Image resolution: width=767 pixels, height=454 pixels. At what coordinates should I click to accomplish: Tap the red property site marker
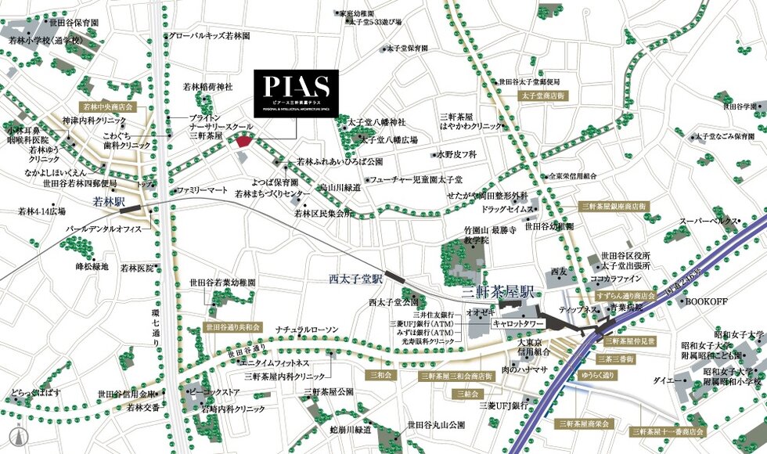click(x=245, y=141)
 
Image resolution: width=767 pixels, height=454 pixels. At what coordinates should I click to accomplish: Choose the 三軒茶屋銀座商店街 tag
click(x=614, y=206)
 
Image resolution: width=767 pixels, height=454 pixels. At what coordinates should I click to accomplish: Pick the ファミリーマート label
click(x=201, y=190)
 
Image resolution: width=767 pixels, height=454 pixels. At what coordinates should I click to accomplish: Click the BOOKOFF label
click(x=707, y=301)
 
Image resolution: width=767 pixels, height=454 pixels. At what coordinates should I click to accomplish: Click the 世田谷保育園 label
click(x=71, y=24)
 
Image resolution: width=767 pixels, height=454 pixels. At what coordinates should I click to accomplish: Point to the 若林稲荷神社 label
click(x=207, y=87)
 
